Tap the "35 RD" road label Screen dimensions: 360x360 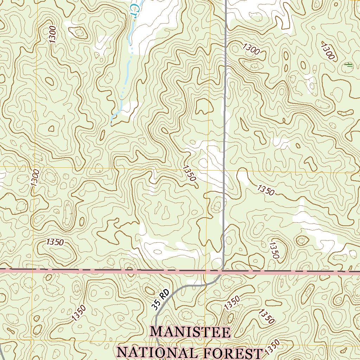point(161,300)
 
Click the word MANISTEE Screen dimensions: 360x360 point(191,332)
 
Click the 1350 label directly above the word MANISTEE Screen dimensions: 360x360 point(232,303)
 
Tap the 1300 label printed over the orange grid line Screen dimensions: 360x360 point(35,178)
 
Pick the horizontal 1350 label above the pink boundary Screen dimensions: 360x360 point(55,242)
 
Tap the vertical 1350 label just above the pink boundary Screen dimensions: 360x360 point(274,250)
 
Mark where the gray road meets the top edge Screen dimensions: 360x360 point(225,1)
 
